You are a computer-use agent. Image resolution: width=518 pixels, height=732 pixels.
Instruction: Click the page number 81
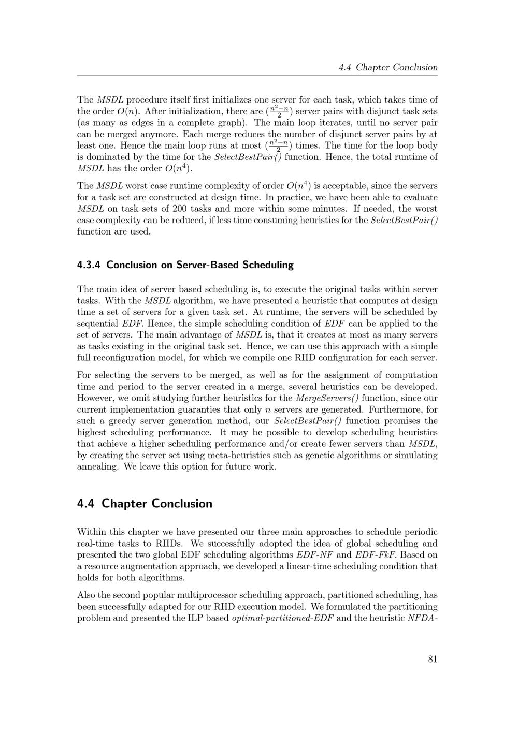tap(433, 659)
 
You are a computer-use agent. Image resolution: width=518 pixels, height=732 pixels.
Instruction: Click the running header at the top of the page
tap(388, 67)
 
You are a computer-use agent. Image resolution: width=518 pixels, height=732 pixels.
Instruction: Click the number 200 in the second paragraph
tap(180, 209)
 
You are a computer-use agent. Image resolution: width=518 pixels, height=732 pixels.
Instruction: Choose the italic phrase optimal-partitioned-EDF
tap(282, 618)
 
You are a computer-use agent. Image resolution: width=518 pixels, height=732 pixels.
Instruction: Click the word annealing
tap(98, 466)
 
